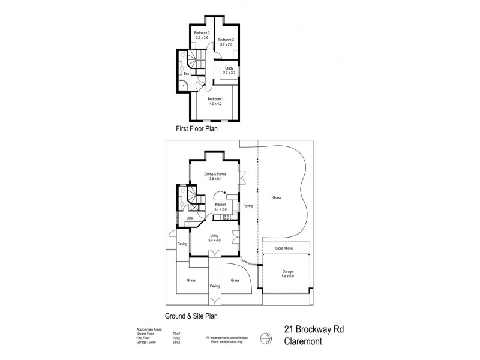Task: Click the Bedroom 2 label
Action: (x=201, y=32)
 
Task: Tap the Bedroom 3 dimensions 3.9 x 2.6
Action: (x=226, y=44)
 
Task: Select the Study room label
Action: (x=229, y=68)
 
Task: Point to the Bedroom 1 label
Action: (x=215, y=98)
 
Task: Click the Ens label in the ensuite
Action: (x=186, y=74)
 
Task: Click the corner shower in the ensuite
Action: (x=184, y=86)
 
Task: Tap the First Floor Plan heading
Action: (x=196, y=128)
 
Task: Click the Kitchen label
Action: (x=220, y=205)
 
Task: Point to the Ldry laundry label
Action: (x=190, y=218)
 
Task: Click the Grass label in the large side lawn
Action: (x=276, y=197)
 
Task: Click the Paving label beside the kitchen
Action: (x=248, y=206)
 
